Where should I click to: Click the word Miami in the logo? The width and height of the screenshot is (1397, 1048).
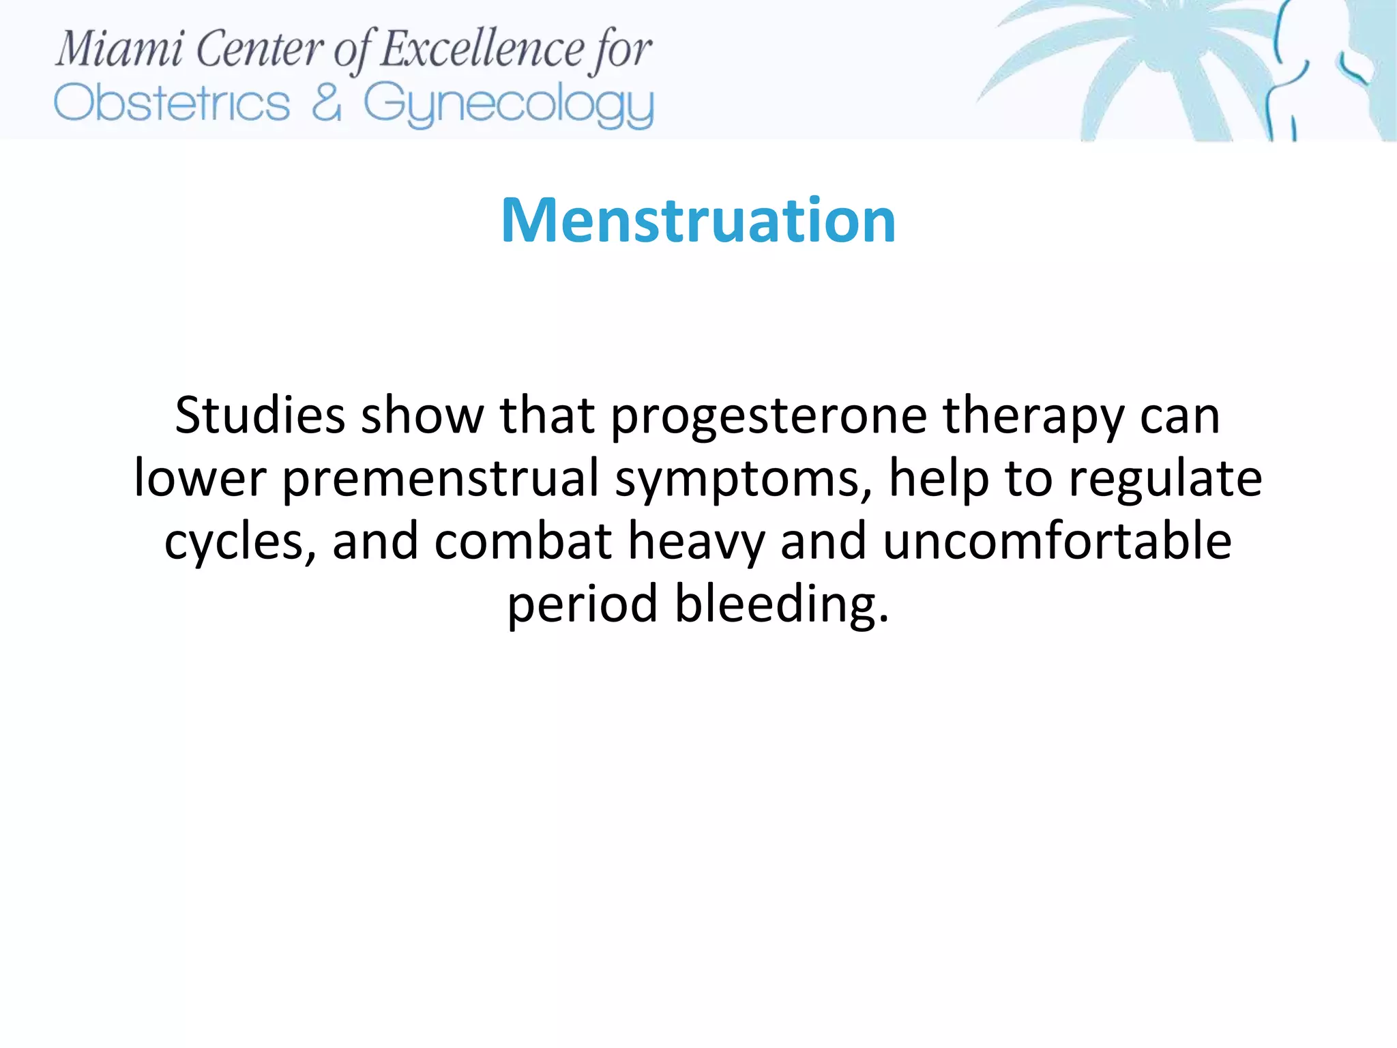pos(120,50)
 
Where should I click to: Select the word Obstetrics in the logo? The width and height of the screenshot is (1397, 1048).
pos(172,104)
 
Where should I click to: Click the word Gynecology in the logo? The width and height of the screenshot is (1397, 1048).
pos(508,105)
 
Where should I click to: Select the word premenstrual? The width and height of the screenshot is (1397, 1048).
pos(441,479)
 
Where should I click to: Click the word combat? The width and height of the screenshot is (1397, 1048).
pos(523,541)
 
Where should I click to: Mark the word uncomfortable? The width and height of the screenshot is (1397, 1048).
pos(1057,541)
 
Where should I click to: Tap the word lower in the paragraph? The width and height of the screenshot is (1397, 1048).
pos(200,479)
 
